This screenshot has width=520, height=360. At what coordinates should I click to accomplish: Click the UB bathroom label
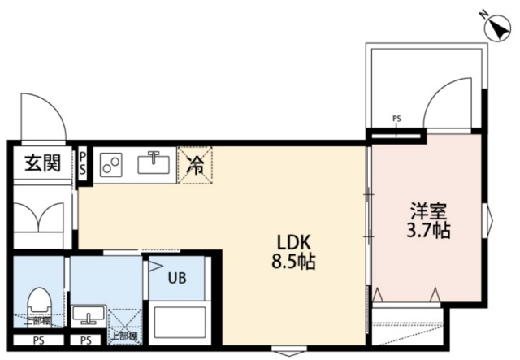[176, 278]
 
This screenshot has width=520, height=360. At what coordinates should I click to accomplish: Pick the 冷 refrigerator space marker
[196, 165]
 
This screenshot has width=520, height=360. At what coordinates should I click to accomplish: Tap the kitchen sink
[152, 164]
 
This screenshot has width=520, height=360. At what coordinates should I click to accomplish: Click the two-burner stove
[111, 166]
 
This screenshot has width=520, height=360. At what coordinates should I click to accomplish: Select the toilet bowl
[38, 302]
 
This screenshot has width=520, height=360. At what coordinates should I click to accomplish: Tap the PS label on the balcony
[396, 119]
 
